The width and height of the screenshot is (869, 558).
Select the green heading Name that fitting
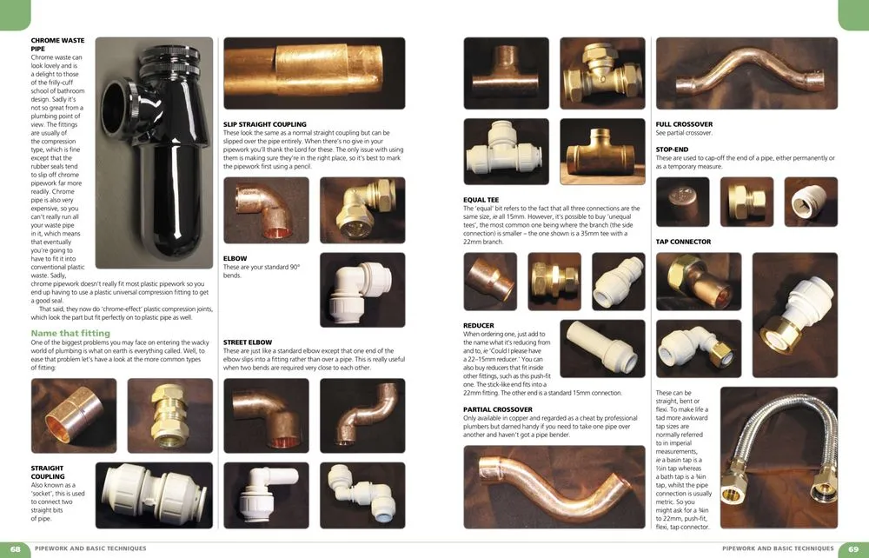pos(70,333)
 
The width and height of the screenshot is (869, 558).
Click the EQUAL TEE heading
pos(481,200)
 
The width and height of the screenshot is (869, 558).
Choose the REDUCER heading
pos(479,325)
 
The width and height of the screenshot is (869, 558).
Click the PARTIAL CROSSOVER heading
pos(498,409)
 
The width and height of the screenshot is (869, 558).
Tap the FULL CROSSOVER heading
pos(684,124)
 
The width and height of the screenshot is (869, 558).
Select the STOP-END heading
pos(673,149)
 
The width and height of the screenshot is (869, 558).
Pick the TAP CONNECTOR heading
pos(683,242)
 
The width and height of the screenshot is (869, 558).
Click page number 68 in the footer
pos(17,548)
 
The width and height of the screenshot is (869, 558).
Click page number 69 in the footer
pos(852,548)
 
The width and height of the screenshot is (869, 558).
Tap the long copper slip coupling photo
pos(315,78)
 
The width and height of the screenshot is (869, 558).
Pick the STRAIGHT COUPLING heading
pos(47,473)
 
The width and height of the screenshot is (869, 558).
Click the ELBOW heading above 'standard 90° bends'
pos(235,258)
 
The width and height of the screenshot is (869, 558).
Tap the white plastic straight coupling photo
pos(154,495)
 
